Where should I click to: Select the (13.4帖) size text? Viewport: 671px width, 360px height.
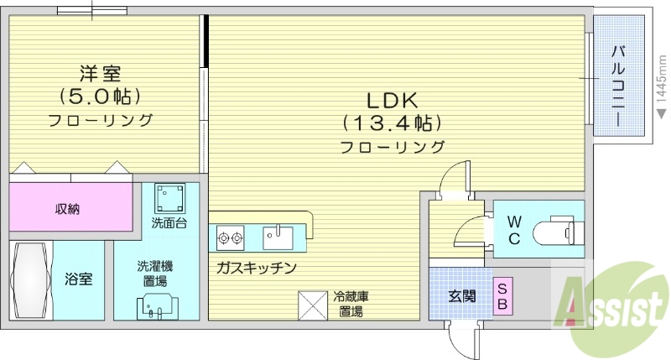[392, 123]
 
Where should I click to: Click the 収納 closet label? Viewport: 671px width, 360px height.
[68, 209]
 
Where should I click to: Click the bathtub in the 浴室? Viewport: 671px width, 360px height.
[31, 279]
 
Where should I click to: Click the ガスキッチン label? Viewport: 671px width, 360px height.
[257, 268]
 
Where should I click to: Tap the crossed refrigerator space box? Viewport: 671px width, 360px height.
[313, 304]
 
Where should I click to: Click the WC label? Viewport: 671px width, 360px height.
[514, 229]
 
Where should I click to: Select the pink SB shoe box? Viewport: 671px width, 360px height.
[502, 296]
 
